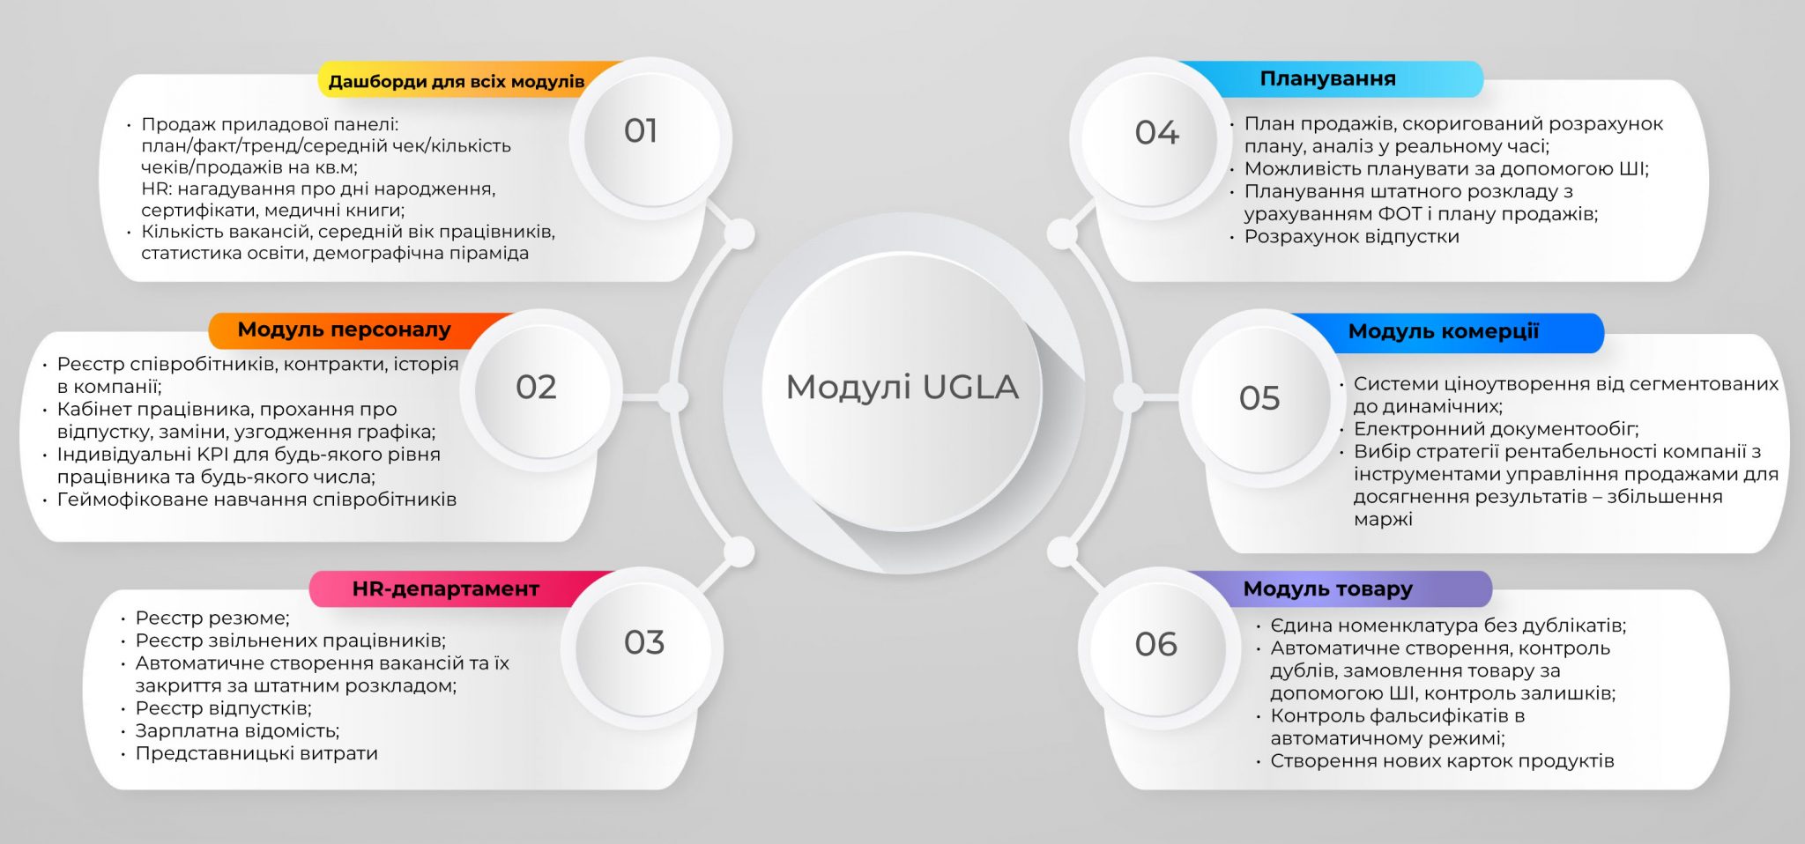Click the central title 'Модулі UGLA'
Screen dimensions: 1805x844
pyautogui.click(x=902, y=387)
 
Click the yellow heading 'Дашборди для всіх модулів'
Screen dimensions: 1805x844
pyautogui.click(x=457, y=82)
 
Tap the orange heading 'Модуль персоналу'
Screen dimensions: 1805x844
pyautogui.click(x=344, y=329)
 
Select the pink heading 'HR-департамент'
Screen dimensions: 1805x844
pyautogui.click(x=445, y=589)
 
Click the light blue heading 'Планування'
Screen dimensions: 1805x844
pyautogui.click(x=1327, y=78)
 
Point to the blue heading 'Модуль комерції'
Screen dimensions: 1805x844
pyautogui.click(x=1444, y=331)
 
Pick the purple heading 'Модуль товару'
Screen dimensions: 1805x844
pyautogui.click(x=1327, y=589)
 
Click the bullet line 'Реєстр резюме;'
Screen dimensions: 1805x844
pyautogui.click(x=212, y=618)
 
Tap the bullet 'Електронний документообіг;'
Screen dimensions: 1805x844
pyautogui.click(x=1496, y=429)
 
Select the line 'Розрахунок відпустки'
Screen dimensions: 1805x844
pyautogui.click(x=1351, y=236)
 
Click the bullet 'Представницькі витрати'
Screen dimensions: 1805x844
pyautogui.click(x=256, y=753)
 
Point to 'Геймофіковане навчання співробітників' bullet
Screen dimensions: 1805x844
pyautogui.click(x=256, y=500)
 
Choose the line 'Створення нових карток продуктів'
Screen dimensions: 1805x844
pyautogui.click(x=1442, y=760)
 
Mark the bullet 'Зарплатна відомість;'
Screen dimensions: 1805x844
pyautogui.click(x=237, y=730)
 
